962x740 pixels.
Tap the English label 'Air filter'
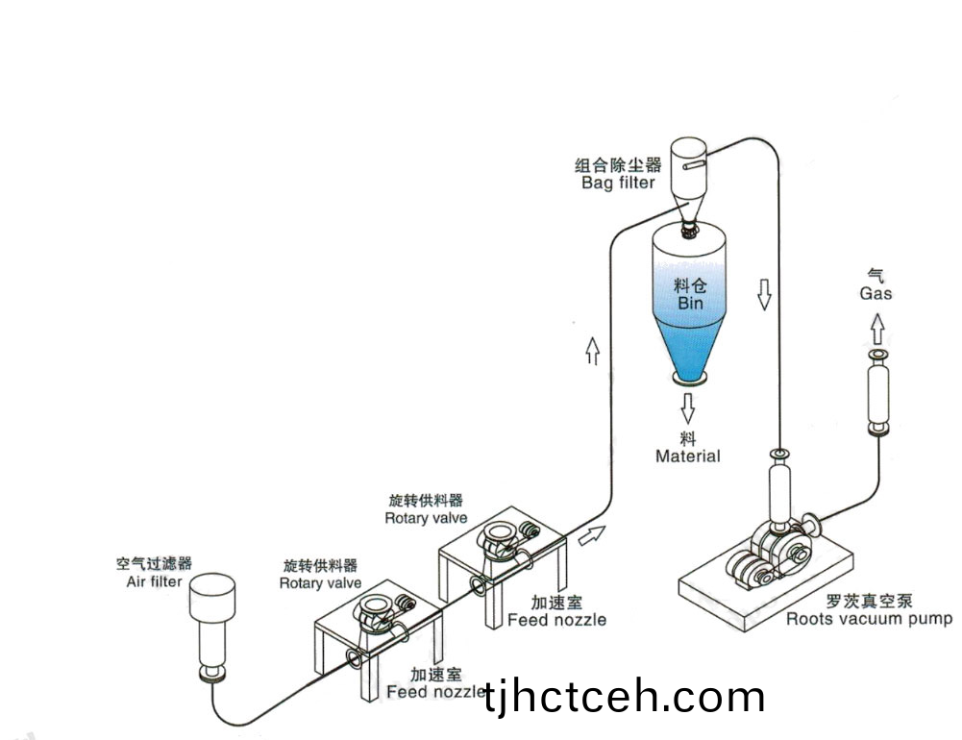click(x=154, y=581)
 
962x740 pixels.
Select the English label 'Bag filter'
click(x=618, y=183)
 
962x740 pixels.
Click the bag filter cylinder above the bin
click(x=689, y=168)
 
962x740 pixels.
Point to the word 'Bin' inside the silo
click(x=690, y=303)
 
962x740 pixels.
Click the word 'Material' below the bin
click(x=687, y=456)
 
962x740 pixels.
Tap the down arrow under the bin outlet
click(x=688, y=407)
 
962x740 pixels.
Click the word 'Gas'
click(x=876, y=293)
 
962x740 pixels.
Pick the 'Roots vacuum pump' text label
click(x=869, y=619)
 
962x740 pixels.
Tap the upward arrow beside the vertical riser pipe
click(x=592, y=353)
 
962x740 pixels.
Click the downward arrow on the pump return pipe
click(x=765, y=294)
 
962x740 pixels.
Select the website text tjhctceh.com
click(x=626, y=697)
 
